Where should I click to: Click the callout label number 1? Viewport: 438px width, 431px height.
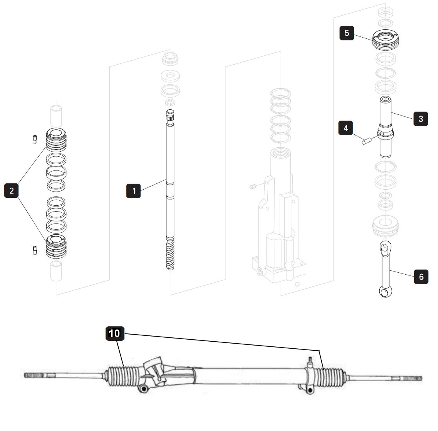(134, 191)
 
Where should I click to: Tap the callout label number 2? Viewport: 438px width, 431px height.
(11, 191)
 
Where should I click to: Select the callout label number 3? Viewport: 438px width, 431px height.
(420, 118)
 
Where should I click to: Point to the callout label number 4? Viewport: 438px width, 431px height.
(346, 128)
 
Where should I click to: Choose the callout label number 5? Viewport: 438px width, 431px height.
(347, 33)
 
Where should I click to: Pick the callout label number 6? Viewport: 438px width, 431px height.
(421, 277)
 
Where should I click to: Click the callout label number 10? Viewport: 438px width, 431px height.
(114, 333)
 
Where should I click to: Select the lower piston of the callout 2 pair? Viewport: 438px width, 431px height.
(56, 246)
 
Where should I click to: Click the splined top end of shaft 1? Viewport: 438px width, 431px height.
(170, 116)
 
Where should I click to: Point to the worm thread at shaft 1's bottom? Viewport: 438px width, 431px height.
(170, 255)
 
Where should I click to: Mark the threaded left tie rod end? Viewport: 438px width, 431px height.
(35, 375)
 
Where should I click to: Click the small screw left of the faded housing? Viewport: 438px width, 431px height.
(252, 187)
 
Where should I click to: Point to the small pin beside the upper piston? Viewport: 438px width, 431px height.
(34, 139)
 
